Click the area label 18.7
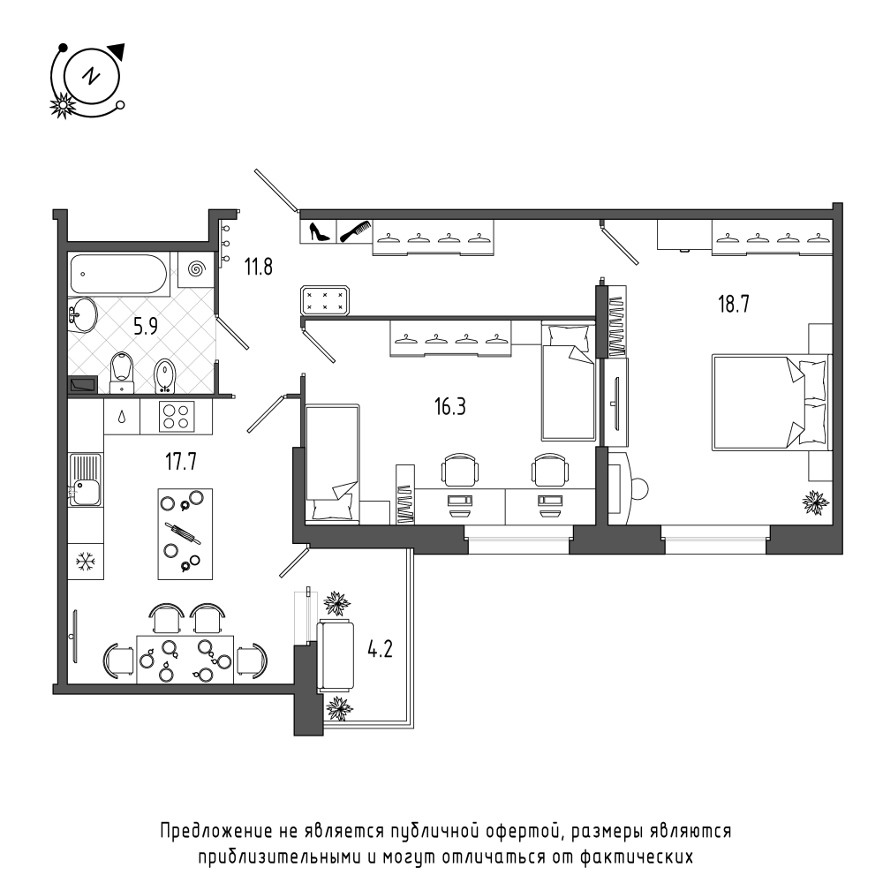[x=733, y=304]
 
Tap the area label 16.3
[x=450, y=406]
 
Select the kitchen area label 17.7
[x=181, y=462]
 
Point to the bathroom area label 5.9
[x=146, y=326]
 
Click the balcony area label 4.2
[x=380, y=649]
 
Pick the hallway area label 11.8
[x=259, y=267]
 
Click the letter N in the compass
[x=90, y=75]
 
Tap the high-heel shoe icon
[x=319, y=231]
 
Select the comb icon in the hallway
[x=354, y=230]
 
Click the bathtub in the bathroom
[x=118, y=275]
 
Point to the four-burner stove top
[x=177, y=417]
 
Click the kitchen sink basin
[x=86, y=493]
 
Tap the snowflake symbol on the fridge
[x=86, y=561]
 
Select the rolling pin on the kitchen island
[x=183, y=533]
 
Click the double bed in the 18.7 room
[x=771, y=402]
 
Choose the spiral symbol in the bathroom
[x=196, y=269]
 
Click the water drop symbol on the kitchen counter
[x=122, y=418]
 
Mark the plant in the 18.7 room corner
[x=815, y=502]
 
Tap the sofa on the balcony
[x=336, y=655]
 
